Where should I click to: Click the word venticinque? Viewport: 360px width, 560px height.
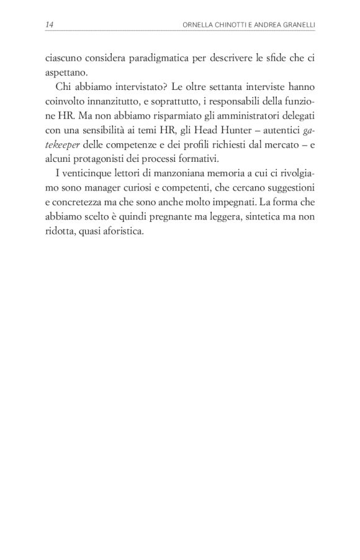(x=84, y=168)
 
